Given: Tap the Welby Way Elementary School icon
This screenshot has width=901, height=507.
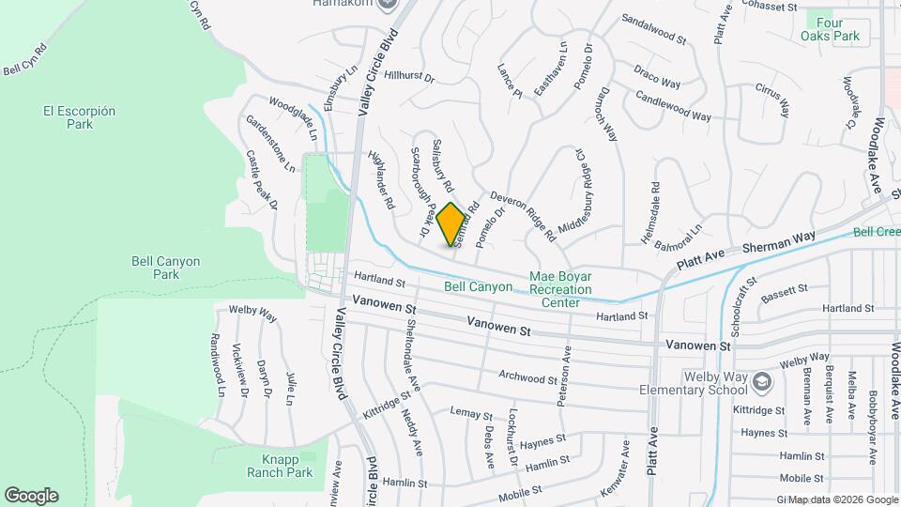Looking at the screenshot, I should [762, 379].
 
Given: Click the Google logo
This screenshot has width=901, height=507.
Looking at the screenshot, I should [31, 496].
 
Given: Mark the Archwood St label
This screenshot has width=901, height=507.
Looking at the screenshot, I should [527, 377].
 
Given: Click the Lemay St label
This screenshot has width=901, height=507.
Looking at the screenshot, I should [471, 413].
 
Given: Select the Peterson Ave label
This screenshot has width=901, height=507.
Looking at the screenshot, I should [564, 373].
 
